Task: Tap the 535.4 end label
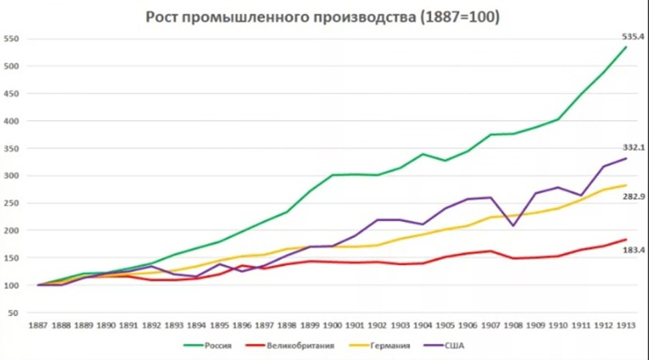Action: click(x=632, y=37)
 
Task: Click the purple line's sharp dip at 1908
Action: click(x=513, y=225)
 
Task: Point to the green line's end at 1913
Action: click(x=626, y=47)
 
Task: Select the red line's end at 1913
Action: click(x=626, y=239)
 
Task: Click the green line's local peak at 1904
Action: click(x=423, y=154)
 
